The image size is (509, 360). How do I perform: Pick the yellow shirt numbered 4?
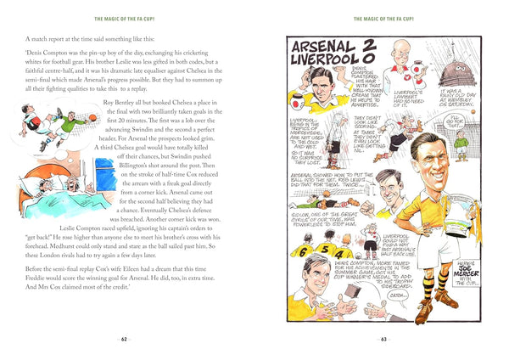point(339,252)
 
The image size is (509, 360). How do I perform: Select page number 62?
point(126,340)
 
